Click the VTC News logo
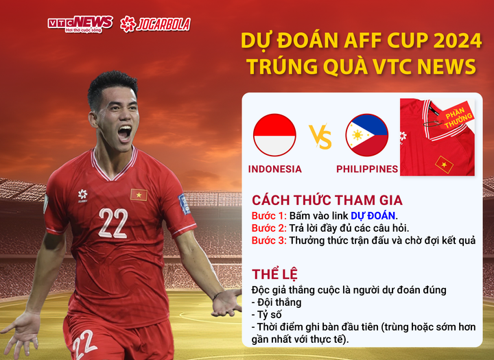coord(80,24)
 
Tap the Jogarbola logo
coord(155,24)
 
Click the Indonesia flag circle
coord(274,135)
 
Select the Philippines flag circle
coord(367,135)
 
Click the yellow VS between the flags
coord(320,136)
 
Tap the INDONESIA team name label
coord(274,169)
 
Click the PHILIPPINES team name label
coord(367,169)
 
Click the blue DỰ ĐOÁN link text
coord(373,215)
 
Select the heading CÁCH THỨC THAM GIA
coord(327,200)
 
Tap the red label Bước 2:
coord(268,228)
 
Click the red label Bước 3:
coord(268,241)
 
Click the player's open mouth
coord(124,132)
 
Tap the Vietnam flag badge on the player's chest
coord(139,195)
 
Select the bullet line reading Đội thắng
coord(277,302)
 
